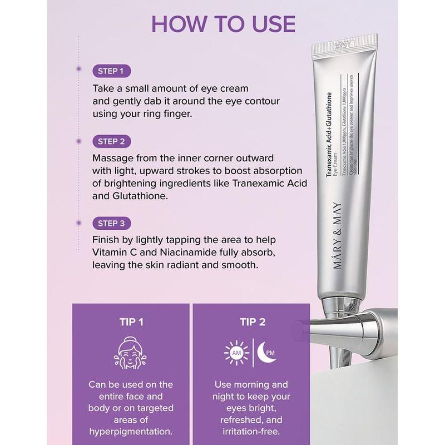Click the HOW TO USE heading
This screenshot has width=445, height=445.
coord(222,25)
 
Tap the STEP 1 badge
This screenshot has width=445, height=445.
coord(111,71)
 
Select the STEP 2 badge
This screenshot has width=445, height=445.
coord(111,141)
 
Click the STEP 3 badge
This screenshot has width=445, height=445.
coord(111,224)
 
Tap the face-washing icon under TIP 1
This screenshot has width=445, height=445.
coord(131,353)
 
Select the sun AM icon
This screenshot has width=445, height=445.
coord(235,353)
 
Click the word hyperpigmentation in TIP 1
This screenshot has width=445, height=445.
coord(131,432)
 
